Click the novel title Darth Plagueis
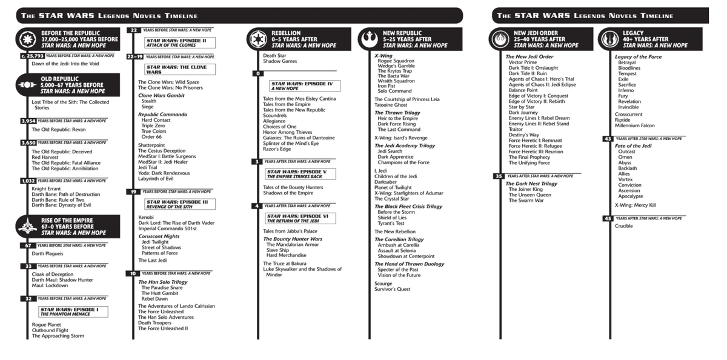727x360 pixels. [47, 253]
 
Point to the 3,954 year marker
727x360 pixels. [28, 121]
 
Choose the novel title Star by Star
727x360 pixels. [522, 107]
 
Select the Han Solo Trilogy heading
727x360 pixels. [162, 282]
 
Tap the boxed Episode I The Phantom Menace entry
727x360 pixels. [73, 312]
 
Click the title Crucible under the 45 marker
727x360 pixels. [624, 226]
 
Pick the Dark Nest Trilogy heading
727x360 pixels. [531, 184]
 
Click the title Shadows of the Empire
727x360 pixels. [288, 193]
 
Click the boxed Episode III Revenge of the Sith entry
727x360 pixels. [179, 204]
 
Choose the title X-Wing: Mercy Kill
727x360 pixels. [635, 205]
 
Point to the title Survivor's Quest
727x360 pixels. [392, 289]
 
